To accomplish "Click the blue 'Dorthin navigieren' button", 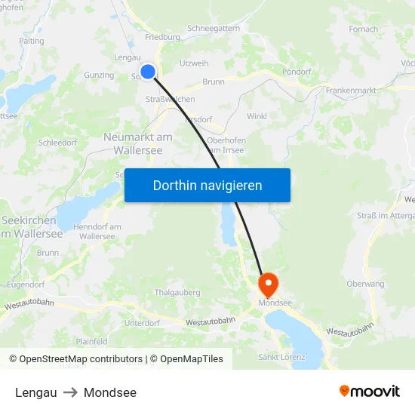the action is [x=207, y=185].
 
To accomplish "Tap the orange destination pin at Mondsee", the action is [x=268, y=284].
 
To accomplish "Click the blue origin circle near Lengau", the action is [x=148, y=72].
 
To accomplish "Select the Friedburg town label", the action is [x=162, y=36].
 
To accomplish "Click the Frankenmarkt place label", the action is [x=351, y=90].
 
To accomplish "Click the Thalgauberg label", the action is [x=176, y=292].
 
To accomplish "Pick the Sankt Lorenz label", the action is [x=281, y=357].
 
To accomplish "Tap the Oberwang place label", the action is [x=365, y=284].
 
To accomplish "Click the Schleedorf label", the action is [x=58, y=142].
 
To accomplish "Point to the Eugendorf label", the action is [x=25, y=285].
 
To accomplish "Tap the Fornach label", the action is [x=364, y=29].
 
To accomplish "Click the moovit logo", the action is [x=370, y=391].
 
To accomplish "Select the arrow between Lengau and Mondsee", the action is [x=70, y=392].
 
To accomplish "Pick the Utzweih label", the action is [x=195, y=63].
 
